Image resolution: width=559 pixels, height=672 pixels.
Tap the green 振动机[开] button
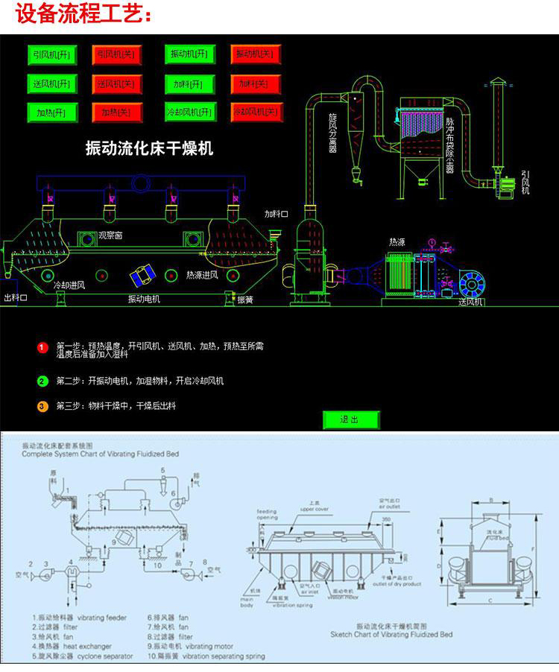pyautogui.click(x=190, y=54)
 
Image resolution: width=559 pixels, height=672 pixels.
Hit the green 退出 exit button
pyautogui.click(x=350, y=419)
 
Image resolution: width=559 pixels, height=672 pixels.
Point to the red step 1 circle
pyautogui.click(x=42, y=347)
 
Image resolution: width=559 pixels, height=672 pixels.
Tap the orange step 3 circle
pyautogui.click(x=42, y=406)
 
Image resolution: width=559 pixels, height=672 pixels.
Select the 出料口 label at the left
pyautogui.click(x=16, y=298)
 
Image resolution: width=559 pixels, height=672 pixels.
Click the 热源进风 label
pyautogui.click(x=202, y=275)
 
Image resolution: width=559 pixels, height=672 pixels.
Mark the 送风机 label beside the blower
pyautogui.click(x=470, y=302)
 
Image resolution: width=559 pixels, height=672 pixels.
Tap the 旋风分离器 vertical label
pyautogui.click(x=332, y=133)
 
